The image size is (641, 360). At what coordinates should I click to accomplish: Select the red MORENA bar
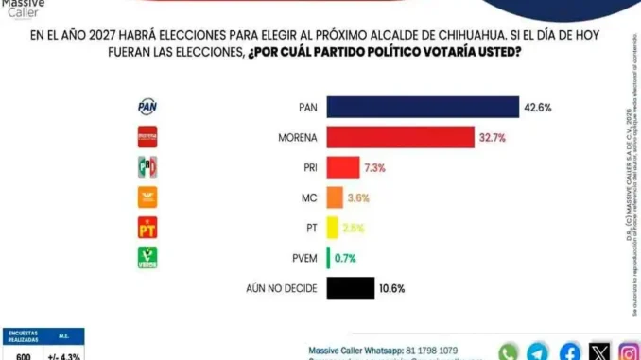(x=400, y=138)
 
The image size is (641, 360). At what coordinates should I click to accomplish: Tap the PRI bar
(x=343, y=168)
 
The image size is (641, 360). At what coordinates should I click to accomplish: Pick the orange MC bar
(x=334, y=197)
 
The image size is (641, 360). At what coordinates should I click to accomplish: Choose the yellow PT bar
(x=332, y=228)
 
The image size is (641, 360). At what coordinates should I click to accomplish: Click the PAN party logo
(x=148, y=108)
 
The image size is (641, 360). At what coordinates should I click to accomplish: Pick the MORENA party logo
(x=148, y=138)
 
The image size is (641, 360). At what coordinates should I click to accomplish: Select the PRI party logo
(x=148, y=168)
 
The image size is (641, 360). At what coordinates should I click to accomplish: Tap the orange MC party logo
(x=148, y=197)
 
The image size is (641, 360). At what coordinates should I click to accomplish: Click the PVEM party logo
(x=148, y=257)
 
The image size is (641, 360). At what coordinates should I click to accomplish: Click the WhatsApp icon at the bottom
(x=509, y=351)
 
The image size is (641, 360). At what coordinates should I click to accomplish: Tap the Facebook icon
(x=569, y=351)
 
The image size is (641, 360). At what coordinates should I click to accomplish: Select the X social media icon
(x=599, y=351)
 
